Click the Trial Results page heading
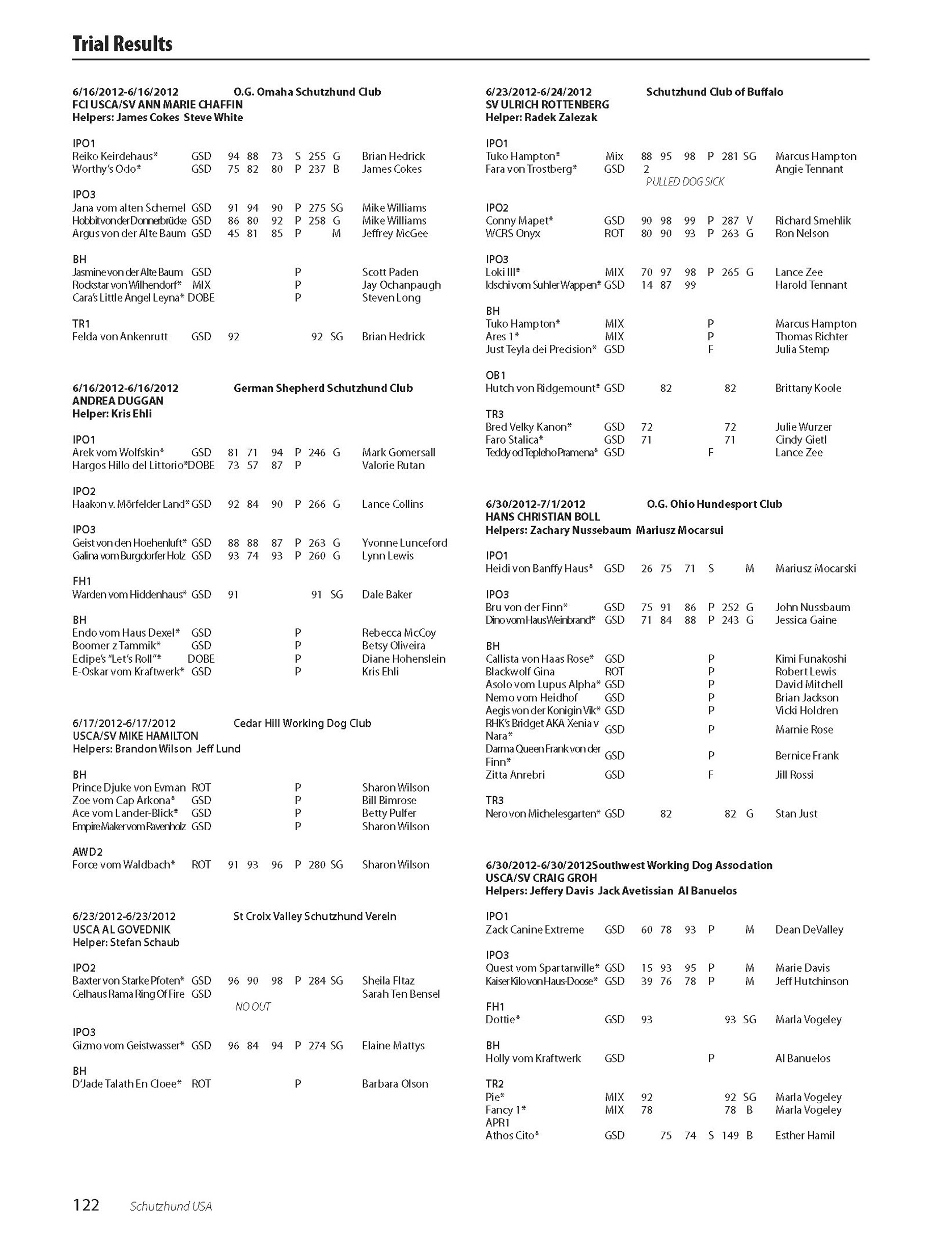coord(122,44)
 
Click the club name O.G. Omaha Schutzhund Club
coord(307,92)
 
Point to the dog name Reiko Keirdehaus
coord(115,156)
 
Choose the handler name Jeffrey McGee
coord(395,234)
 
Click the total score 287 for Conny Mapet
coord(730,221)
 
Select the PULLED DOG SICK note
coord(685,182)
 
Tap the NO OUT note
coord(253,1006)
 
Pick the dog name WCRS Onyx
coord(512,234)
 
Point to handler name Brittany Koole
coord(808,388)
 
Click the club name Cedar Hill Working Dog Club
coord(302,723)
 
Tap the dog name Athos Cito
coord(512,1135)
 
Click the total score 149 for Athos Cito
coord(730,1135)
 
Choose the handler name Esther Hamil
coord(805,1135)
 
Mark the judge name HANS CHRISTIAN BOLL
coord(542,517)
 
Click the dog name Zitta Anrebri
coord(515,775)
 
